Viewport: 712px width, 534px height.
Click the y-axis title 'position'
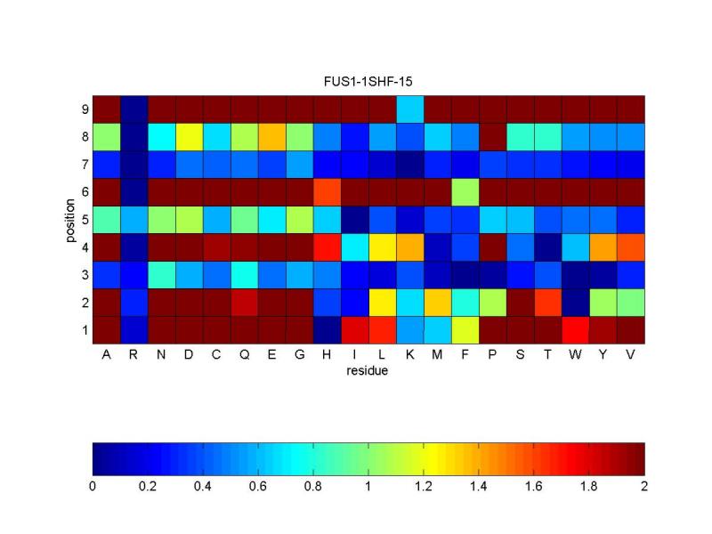(x=71, y=219)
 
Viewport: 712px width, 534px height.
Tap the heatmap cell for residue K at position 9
(x=409, y=109)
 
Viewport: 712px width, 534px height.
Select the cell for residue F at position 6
(x=465, y=191)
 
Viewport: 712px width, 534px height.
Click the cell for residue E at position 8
(x=271, y=136)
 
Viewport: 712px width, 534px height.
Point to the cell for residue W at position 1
(x=575, y=329)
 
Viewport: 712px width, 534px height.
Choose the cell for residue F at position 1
(x=465, y=329)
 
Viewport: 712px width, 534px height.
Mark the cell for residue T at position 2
(x=547, y=302)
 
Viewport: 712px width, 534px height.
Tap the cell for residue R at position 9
(x=133, y=109)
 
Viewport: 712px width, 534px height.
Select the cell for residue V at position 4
(x=630, y=247)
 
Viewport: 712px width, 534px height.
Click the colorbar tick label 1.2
(x=423, y=487)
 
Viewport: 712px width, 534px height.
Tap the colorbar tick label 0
(x=93, y=487)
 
